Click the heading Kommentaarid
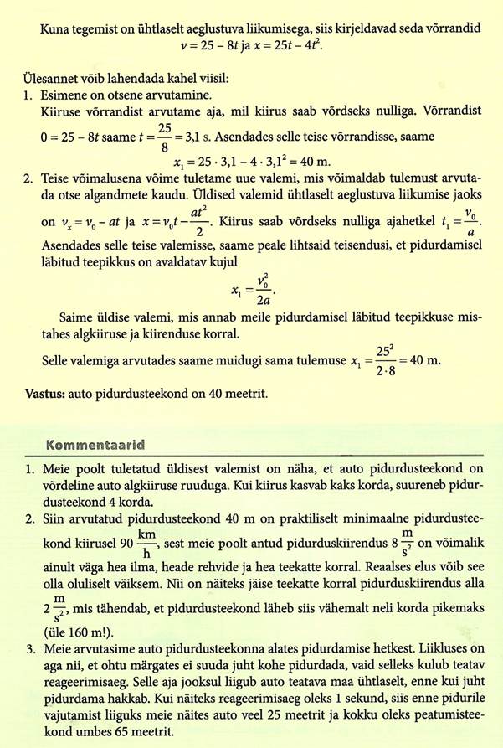click(x=105, y=442)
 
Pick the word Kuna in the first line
click(x=54, y=28)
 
